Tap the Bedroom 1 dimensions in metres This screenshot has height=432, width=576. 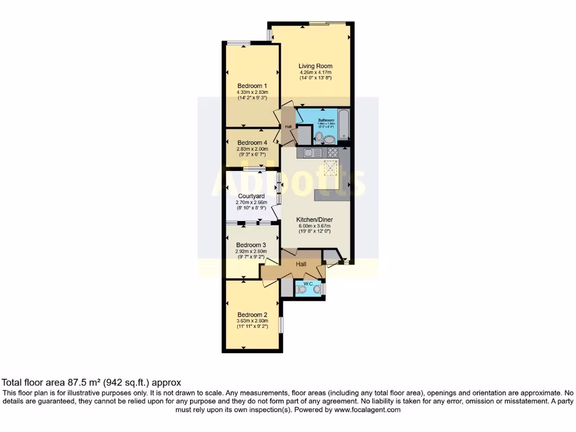[252, 92]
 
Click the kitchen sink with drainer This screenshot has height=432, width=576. [313, 152]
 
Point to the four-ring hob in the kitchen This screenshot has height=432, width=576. [332, 152]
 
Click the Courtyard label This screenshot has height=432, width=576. [251, 196]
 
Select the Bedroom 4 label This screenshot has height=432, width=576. [252, 142]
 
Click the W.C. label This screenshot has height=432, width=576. [308, 283]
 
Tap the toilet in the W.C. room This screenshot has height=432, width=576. [303, 289]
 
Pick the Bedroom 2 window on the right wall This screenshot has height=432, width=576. [281, 325]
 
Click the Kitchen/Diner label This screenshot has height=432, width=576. [316, 220]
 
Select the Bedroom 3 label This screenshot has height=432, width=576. [251, 245]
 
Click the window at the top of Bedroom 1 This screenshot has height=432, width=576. [239, 43]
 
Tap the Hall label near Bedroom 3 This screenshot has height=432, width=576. [301, 264]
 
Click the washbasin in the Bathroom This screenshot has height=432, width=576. [328, 139]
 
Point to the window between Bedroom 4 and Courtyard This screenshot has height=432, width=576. [255, 168]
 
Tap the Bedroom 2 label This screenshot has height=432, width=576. [252, 314]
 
